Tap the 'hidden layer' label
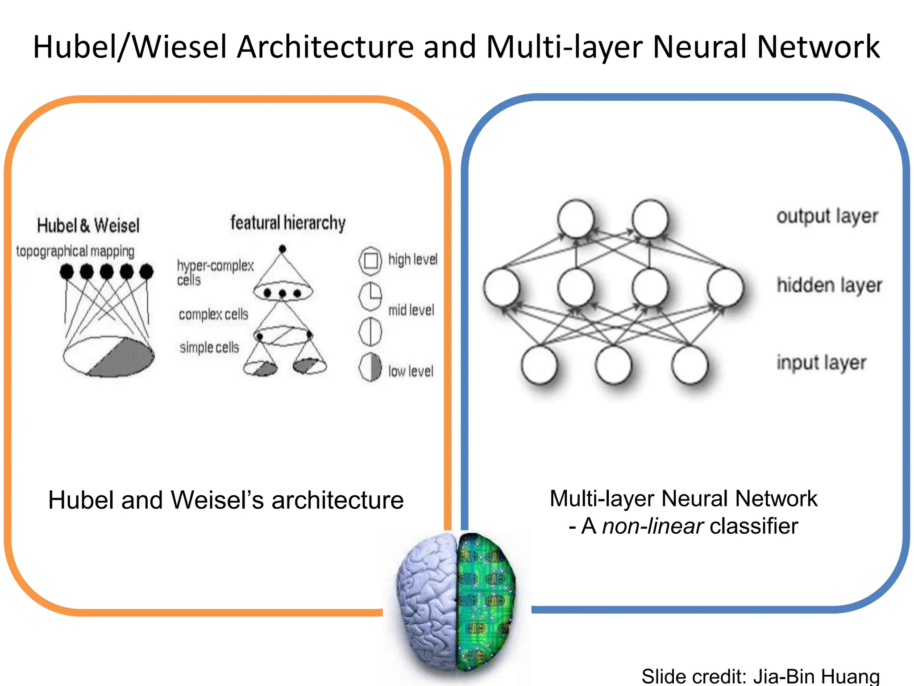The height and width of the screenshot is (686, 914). [x=829, y=285]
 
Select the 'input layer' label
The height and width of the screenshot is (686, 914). [x=821, y=363]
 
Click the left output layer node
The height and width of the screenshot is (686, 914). [x=576, y=219]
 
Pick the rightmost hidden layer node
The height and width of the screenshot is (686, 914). [x=725, y=287]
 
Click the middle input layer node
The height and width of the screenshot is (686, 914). [x=614, y=365]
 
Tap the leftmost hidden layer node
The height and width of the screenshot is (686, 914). [x=502, y=287]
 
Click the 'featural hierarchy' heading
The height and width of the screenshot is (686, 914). [x=288, y=222]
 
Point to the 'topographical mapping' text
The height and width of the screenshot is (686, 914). [x=75, y=251]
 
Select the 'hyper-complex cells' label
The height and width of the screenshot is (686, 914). [x=215, y=272]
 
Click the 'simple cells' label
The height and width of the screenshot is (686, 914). [x=209, y=347]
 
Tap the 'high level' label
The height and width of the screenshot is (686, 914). [x=412, y=259]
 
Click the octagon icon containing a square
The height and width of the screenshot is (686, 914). [x=370, y=260]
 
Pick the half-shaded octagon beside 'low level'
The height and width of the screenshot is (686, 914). [x=370, y=367]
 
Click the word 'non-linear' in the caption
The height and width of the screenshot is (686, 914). [x=652, y=526]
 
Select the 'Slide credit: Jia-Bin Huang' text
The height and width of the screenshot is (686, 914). [x=760, y=676]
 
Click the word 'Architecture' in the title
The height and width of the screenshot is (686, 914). [x=325, y=47]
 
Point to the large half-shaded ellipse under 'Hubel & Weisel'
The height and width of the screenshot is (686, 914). [x=108, y=356]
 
